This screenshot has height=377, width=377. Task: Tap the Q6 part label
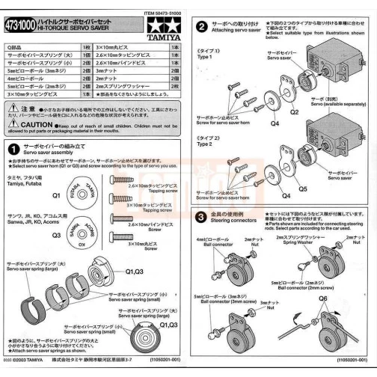click(x=323, y=297)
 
